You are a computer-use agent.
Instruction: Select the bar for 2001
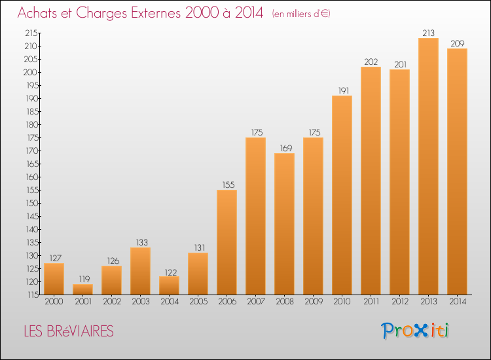point(82,289)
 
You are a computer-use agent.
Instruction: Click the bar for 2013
point(428,166)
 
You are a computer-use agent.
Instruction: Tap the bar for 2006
point(227,242)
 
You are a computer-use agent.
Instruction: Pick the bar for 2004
point(169,285)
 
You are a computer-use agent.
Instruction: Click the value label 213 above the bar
point(428,33)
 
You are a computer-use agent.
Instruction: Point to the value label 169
point(286,148)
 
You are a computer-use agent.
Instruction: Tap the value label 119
point(84,279)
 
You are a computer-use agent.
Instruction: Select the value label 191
point(344,90)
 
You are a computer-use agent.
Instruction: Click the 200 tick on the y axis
point(31,72)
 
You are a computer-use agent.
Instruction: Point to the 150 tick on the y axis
point(31,203)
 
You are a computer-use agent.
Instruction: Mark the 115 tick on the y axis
point(32,295)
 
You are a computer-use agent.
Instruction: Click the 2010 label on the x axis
point(342,301)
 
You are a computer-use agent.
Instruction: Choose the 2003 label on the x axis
point(141,301)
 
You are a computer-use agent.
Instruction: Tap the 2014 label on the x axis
point(458,301)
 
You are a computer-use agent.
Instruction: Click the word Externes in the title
point(156,13)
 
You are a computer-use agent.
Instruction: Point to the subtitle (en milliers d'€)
point(301,14)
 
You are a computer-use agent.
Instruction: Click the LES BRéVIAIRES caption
point(69,331)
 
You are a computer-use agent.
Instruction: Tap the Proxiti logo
point(415,331)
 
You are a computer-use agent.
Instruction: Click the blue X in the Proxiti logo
point(420,331)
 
